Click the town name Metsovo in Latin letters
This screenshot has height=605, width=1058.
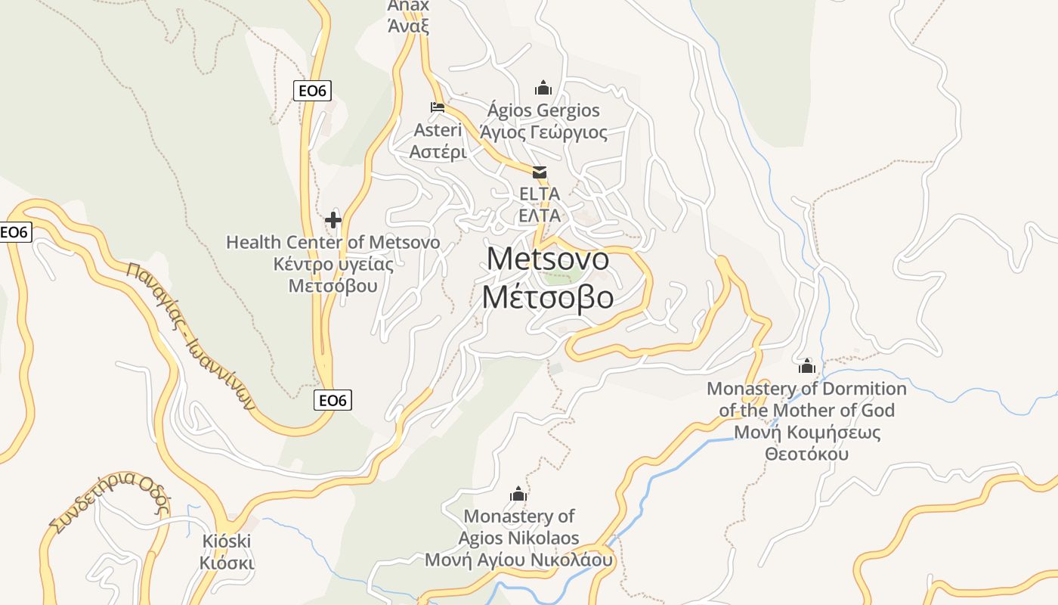click(548, 259)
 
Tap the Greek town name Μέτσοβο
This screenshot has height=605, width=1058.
click(548, 297)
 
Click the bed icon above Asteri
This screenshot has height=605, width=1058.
click(438, 107)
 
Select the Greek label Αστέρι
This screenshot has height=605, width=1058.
click(438, 151)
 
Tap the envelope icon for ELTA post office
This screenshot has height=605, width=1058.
click(540, 172)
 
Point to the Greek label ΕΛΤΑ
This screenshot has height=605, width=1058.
click(540, 216)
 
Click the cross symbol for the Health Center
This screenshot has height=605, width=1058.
click(333, 220)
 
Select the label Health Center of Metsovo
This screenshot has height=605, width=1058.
click(333, 243)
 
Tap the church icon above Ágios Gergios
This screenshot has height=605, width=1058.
click(543, 88)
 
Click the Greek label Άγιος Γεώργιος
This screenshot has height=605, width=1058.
click(543, 132)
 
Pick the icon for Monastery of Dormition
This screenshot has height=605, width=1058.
click(807, 367)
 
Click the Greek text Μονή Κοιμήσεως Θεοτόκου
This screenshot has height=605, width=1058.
click(807, 443)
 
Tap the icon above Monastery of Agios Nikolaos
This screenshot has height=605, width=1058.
click(518, 495)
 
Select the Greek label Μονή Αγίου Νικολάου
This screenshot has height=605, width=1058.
click(518, 560)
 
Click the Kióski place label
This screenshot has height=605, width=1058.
click(227, 541)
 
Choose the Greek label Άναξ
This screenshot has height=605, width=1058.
click(408, 26)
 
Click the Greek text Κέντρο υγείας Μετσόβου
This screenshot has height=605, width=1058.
click(333, 275)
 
